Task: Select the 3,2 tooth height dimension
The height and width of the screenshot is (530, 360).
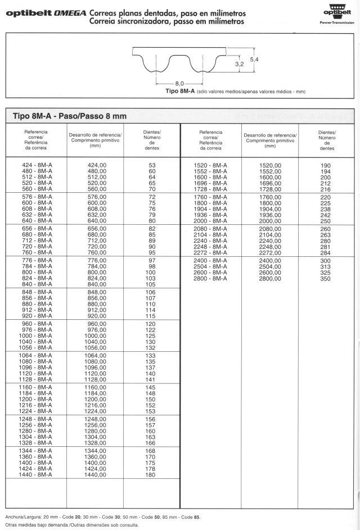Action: tap(239, 65)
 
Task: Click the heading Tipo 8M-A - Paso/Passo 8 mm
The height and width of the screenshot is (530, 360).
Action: tap(70, 116)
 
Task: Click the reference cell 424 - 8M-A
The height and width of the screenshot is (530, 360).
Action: tap(37, 165)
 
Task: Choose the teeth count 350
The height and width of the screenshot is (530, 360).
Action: tap(326, 279)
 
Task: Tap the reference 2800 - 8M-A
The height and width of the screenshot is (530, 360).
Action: tap(210, 279)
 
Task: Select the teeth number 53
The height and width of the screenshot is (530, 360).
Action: tap(152, 165)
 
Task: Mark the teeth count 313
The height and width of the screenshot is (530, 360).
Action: tap(326, 267)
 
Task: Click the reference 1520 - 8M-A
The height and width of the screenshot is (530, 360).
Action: tap(210, 165)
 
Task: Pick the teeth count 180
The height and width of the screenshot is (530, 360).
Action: tap(151, 475)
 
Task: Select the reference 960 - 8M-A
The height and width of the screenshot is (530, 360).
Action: tap(37, 324)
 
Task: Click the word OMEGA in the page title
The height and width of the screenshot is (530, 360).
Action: tap(70, 13)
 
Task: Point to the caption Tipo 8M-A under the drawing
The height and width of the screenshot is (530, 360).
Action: tap(178, 91)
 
